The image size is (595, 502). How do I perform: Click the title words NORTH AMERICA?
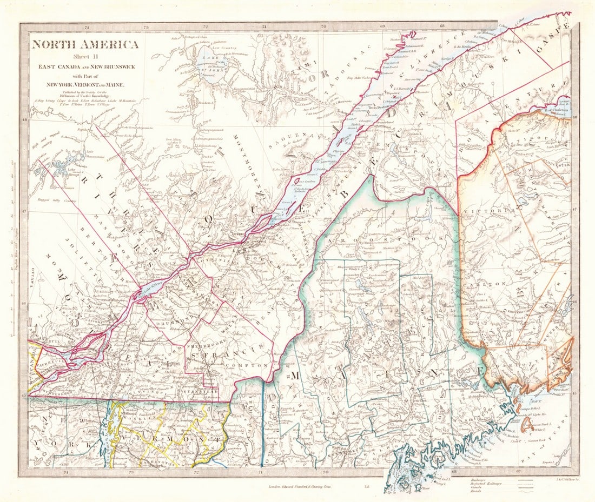(x=85, y=44)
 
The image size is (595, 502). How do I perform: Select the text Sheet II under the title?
(x=85, y=57)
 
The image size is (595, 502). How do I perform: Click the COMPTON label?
(x=252, y=366)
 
